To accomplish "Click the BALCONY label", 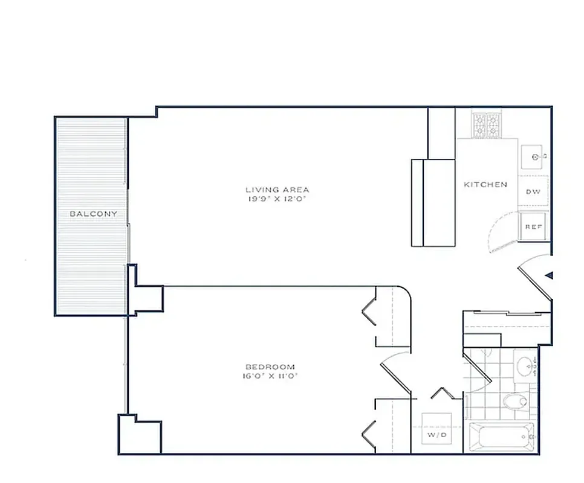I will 93,214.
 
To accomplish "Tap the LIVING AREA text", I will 277,190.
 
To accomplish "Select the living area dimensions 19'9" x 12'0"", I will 277,199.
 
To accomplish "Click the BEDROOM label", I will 270,366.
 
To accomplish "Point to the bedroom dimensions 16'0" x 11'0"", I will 270,376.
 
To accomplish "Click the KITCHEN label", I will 485,184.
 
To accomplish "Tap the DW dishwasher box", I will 533,191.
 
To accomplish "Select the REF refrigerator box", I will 533,226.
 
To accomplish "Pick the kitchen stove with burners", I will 487,126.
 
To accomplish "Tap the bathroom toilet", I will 515,400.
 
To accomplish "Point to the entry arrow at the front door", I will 549,275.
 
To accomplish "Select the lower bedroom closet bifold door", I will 369,430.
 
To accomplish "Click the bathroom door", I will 478,368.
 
